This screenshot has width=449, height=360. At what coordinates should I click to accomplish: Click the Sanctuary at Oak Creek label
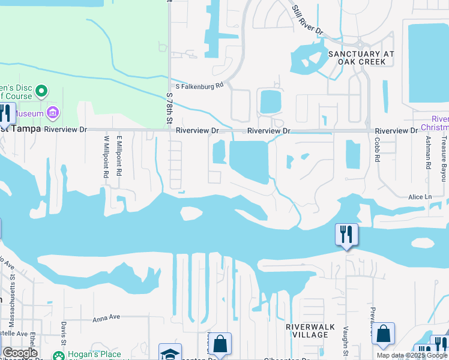[361, 58]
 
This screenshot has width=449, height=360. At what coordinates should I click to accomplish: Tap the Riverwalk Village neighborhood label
[306, 331]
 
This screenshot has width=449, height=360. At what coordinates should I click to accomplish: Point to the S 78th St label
[169, 109]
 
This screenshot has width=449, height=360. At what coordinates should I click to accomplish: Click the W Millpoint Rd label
[106, 155]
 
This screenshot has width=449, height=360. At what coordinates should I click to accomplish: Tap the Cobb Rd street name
[377, 149]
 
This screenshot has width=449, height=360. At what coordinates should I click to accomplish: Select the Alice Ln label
[420, 197]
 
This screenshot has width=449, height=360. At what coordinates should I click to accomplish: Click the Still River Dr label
[307, 20]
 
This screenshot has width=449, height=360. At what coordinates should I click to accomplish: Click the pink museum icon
[52, 113]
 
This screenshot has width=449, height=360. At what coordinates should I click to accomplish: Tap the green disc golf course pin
[41, 91]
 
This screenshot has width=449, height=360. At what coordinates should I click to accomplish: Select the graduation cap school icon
[170, 353]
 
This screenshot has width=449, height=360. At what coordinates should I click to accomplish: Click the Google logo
[20, 353]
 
